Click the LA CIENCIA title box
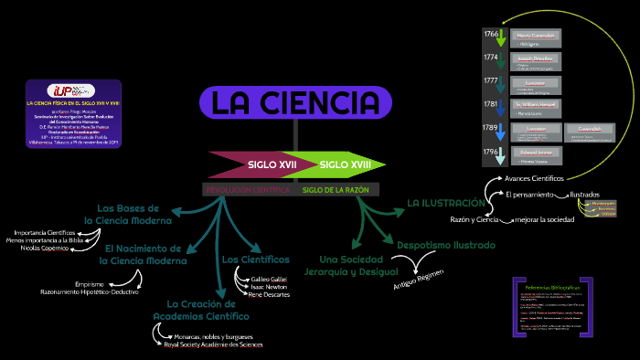tap(295, 102)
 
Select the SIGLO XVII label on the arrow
tap(272, 164)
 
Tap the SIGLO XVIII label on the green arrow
tap(346, 164)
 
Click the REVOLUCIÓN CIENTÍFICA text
tap(246, 190)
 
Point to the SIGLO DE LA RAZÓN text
tap(336, 190)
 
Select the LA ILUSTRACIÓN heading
tap(446, 202)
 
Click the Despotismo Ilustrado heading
tap(445, 245)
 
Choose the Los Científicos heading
tap(255, 259)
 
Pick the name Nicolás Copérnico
tap(47, 249)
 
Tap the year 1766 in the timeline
tap(491, 35)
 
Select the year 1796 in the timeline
tap(491, 151)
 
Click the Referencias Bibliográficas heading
tap(552, 287)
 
